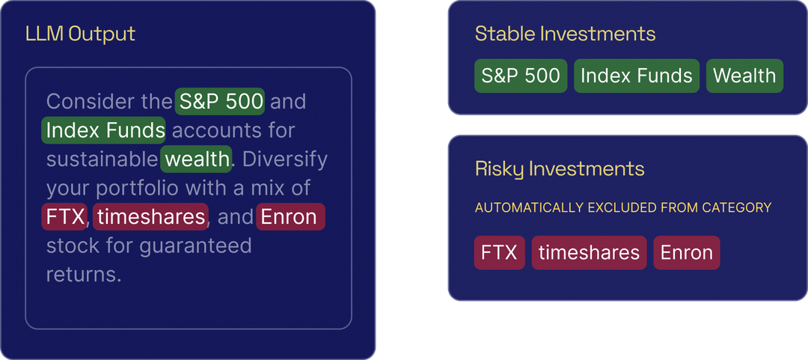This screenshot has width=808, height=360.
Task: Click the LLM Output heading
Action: click(80, 34)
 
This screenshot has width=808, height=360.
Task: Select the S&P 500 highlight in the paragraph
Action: click(220, 101)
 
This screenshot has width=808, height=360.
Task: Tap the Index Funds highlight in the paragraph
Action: click(104, 130)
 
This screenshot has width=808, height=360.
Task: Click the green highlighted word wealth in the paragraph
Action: click(197, 159)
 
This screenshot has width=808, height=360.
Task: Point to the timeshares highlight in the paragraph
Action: click(151, 217)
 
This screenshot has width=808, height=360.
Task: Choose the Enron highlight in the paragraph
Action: click(290, 217)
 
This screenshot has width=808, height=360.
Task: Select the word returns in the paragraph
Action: click(83, 274)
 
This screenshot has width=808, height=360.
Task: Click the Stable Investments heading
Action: click(565, 34)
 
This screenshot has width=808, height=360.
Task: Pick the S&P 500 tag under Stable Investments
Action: click(521, 76)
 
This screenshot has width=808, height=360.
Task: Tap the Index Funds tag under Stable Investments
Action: click(637, 76)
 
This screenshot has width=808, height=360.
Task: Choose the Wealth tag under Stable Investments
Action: click(744, 76)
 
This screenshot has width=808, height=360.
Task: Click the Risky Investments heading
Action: click(560, 169)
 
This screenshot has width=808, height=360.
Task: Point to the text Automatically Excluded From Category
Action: click(622, 207)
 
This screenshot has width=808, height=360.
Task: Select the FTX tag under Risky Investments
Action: click(499, 253)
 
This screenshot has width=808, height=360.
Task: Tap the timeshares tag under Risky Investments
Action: click(589, 253)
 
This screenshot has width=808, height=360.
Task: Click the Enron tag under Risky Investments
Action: click(686, 253)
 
